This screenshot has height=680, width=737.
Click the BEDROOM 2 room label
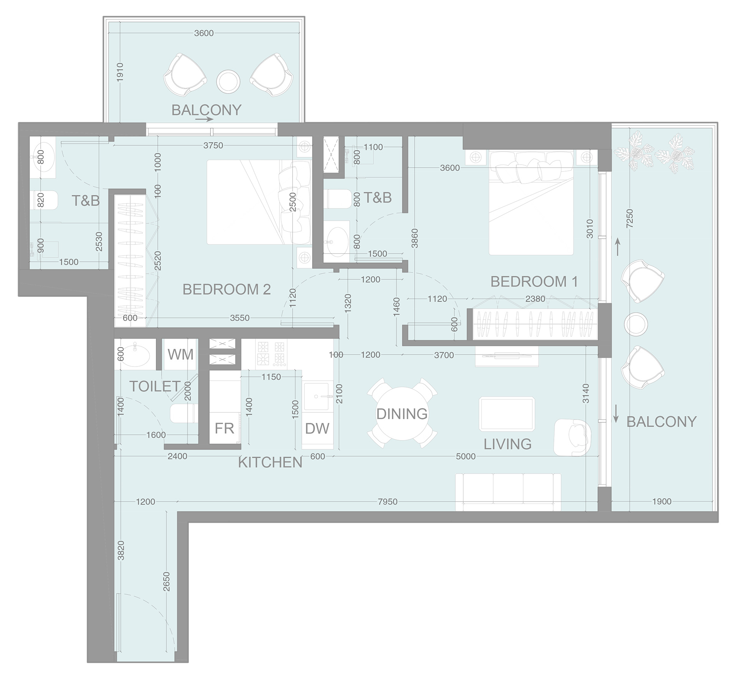226,289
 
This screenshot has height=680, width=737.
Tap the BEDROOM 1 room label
534,282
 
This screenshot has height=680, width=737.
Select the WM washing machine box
180,354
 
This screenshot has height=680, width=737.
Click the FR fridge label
224,428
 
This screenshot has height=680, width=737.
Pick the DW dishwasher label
317,428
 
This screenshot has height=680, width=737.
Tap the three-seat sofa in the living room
508,492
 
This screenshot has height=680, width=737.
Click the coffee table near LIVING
507,414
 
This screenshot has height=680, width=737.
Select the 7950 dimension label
387,502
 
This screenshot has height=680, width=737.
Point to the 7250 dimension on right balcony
630,219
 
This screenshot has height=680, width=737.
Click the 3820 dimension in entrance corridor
121,550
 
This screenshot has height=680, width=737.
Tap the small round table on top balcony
228,81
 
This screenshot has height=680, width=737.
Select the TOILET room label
155,386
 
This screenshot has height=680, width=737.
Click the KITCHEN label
270,462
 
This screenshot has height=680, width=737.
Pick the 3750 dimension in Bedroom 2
213,145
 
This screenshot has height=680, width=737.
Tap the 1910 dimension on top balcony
120,72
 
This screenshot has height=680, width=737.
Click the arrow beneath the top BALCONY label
204,119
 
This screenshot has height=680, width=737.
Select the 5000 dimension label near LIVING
465,456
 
